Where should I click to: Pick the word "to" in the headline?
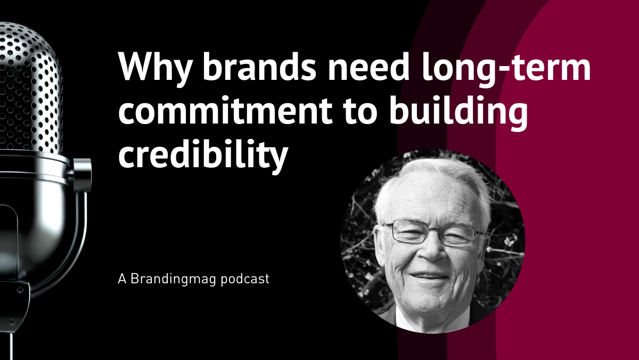357,112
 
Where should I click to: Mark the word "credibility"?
203,154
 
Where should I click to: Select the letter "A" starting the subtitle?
122,279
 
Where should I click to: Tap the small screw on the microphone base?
20,290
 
